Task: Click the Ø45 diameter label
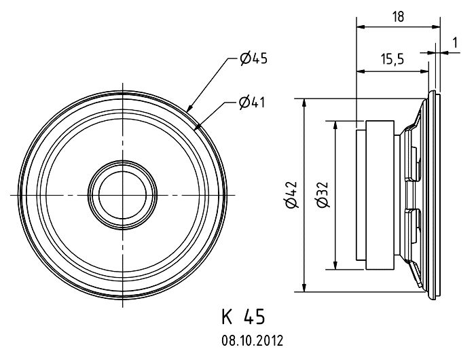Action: pos(253,58)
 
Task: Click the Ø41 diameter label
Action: pos(252,103)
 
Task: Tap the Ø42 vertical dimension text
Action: pos(291,195)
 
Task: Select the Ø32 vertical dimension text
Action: pos(323,194)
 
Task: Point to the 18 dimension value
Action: pos(398,17)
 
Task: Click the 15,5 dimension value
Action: pos(392,59)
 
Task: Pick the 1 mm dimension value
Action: pos(455,43)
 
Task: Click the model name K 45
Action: pos(243,317)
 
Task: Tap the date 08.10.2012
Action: pos(253,341)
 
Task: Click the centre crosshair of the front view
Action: pos(123,195)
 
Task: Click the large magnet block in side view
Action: pos(380,195)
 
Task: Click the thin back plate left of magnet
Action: pos(361,195)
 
